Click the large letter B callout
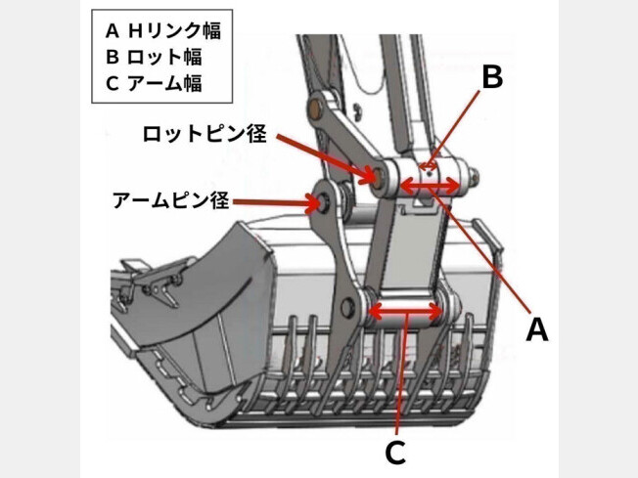[x=492, y=77]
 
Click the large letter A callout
[x=536, y=329]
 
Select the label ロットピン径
[x=204, y=134]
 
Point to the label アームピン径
[x=170, y=201]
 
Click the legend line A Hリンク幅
[x=162, y=30]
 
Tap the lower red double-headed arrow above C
[x=403, y=313]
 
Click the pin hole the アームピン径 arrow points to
[x=317, y=205]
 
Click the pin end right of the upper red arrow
[x=473, y=180]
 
